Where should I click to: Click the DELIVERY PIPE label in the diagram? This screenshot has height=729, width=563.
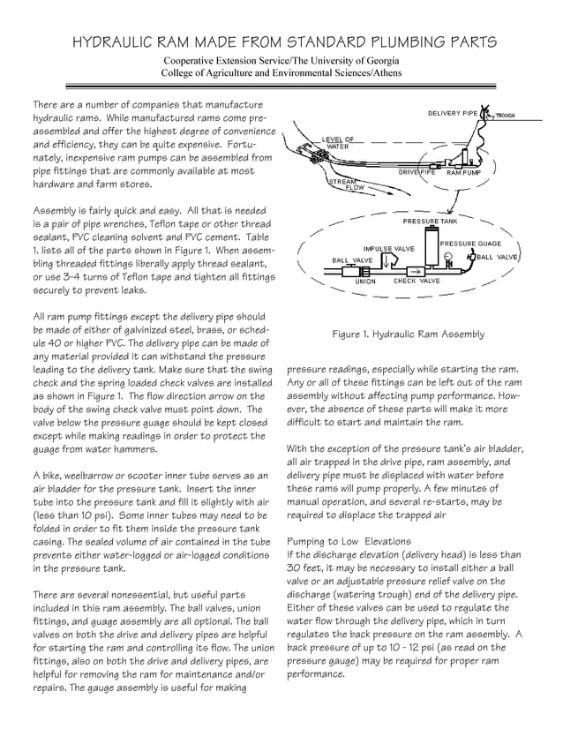[x=453, y=114]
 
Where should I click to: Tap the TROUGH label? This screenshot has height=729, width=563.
[x=506, y=116]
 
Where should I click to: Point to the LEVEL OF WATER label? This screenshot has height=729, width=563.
[x=337, y=142]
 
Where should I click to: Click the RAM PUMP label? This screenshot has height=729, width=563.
[x=464, y=173]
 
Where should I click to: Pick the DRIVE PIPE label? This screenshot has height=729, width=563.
[x=417, y=173]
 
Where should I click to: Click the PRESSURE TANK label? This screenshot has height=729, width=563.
[x=430, y=220]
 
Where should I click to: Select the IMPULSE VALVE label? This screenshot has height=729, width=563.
[x=388, y=249]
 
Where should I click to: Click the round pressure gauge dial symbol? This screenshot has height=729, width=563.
[x=449, y=259]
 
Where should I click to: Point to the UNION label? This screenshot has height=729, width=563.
[x=365, y=282]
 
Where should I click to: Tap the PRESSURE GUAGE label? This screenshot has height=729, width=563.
[x=470, y=243]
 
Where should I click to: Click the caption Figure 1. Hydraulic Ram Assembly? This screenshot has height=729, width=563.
[x=408, y=334]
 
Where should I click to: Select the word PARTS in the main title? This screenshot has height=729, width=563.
[x=463, y=41]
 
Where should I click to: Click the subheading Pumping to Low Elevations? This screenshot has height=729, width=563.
[x=349, y=540]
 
